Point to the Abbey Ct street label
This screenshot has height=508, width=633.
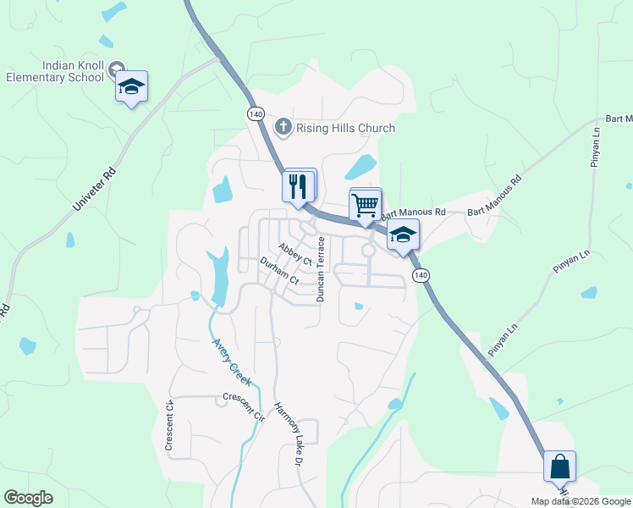(295, 254)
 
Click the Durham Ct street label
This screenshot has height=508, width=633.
(279, 270)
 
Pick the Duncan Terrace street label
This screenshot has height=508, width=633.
(321, 269)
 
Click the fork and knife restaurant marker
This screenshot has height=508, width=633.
(297, 185)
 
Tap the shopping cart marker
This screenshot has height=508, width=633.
(365, 205)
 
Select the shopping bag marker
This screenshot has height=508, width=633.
(559, 467)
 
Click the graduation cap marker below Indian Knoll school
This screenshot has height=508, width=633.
(131, 86)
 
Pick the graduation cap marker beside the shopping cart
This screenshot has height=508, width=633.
(404, 235)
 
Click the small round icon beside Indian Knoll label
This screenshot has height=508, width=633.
(118, 67)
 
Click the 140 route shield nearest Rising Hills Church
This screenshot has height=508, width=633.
(256, 113)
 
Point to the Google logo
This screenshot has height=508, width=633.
(28, 498)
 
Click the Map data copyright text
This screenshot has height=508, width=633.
(581, 501)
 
